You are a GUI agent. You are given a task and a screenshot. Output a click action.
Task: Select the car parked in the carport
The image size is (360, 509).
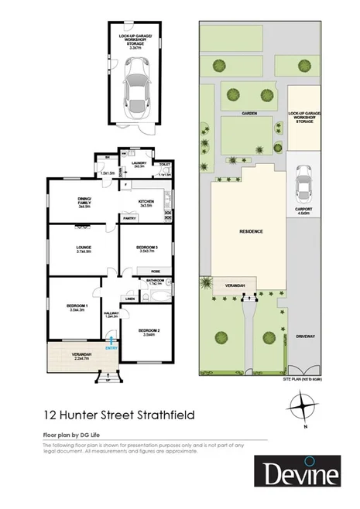[304, 180]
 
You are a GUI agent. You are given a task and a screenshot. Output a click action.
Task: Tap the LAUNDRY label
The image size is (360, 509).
[139, 164]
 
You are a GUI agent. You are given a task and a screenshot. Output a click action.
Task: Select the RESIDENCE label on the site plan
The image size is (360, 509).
[250, 231]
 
